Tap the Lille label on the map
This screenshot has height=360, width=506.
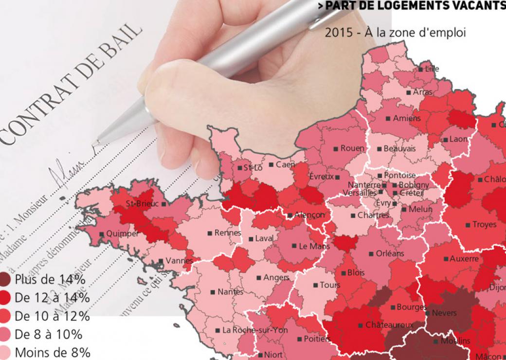click(x=432, y=69)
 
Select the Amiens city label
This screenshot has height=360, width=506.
click(x=407, y=118)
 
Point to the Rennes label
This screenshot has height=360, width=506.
click(x=228, y=233)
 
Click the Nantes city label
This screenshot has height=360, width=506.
click(x=230, y=292)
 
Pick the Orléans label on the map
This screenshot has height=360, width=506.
click(x=390, y=253)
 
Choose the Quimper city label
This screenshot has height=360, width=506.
click(x=122, y=234)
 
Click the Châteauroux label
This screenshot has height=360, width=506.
click(x=389, y=324)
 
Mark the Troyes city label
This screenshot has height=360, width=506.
click(x=484, y=224)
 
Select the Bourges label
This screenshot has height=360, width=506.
click(x=411, y=307)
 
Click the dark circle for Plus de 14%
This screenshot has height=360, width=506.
click(x=6, y=280)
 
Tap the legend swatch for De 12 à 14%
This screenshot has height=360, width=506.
click(x=6, y=298)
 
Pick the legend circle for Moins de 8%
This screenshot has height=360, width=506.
click(x=6, y=352)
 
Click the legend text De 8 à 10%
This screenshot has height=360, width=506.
click(x=48, y=334)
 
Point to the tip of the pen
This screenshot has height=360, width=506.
click(x=95, y=143)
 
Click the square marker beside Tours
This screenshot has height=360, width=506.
click(x=315, y=285)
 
